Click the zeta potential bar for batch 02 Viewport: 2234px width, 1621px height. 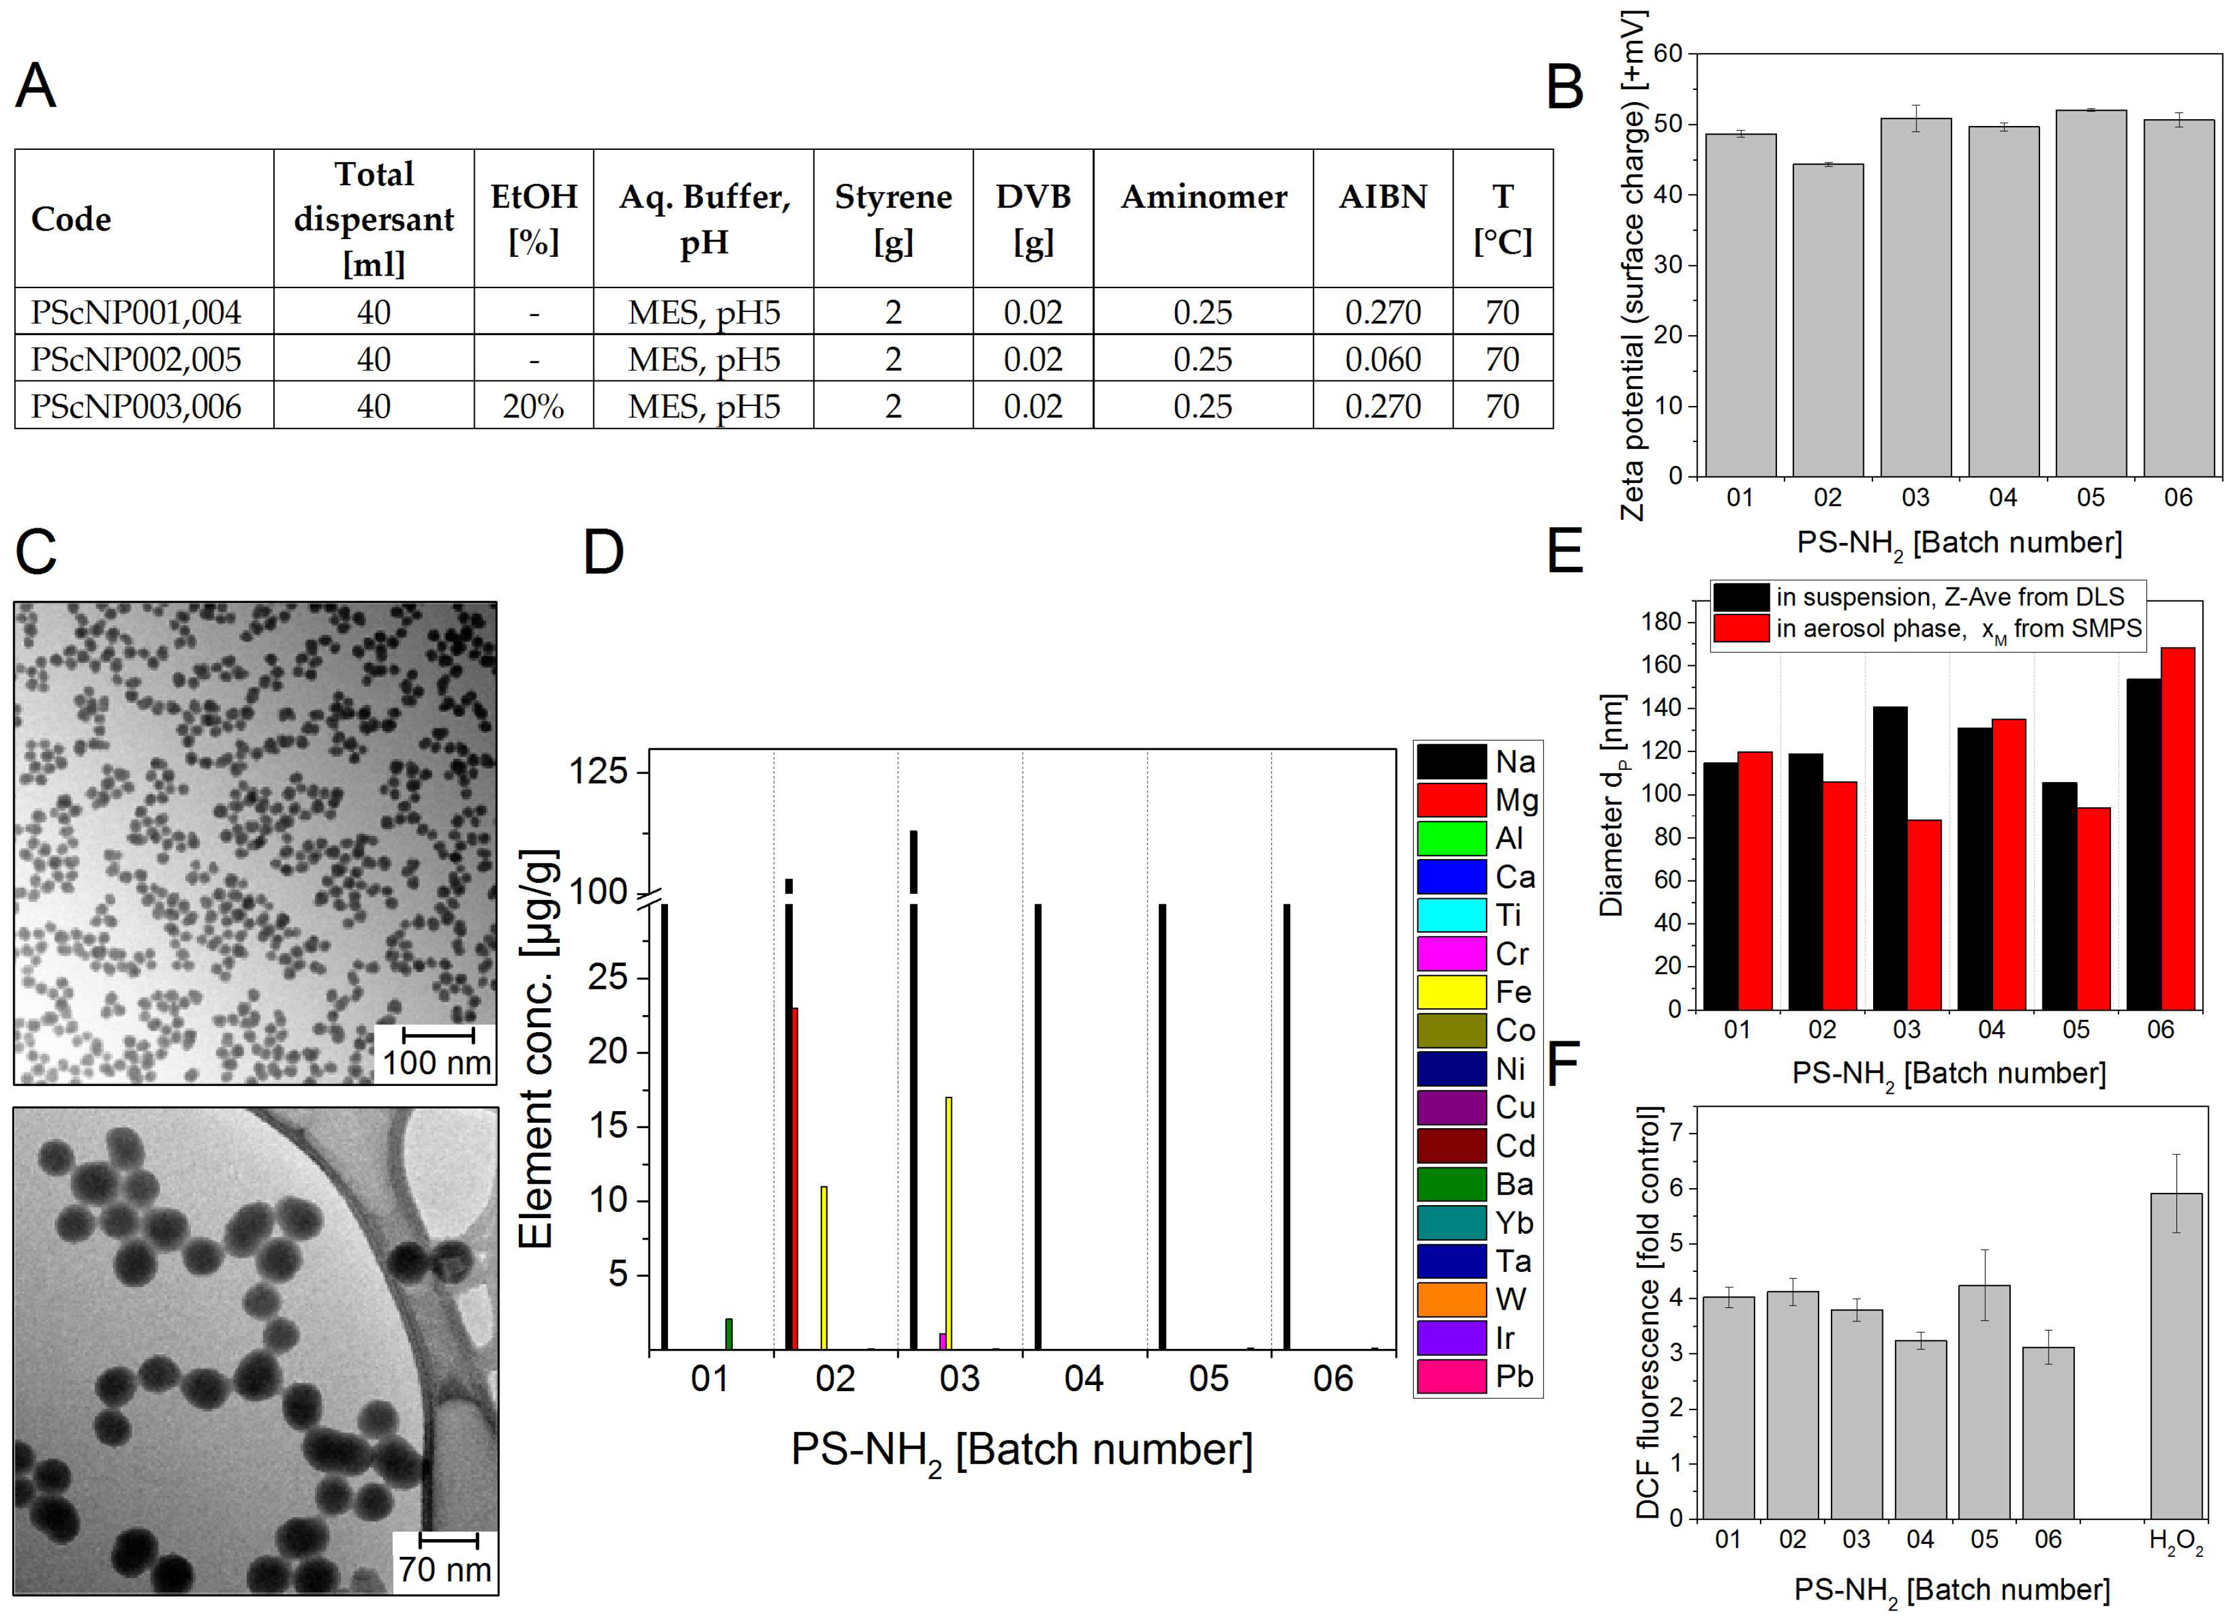[x=1827, y=320]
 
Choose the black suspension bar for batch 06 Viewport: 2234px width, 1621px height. [x=2143, y=844]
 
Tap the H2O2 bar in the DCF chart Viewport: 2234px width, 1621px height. [x=2176, y=1355]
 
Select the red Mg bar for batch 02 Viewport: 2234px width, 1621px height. [x=795, y=1177]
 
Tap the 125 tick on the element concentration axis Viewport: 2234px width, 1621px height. [x=599, y=770]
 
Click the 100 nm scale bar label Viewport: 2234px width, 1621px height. [x=436, y=1063]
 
